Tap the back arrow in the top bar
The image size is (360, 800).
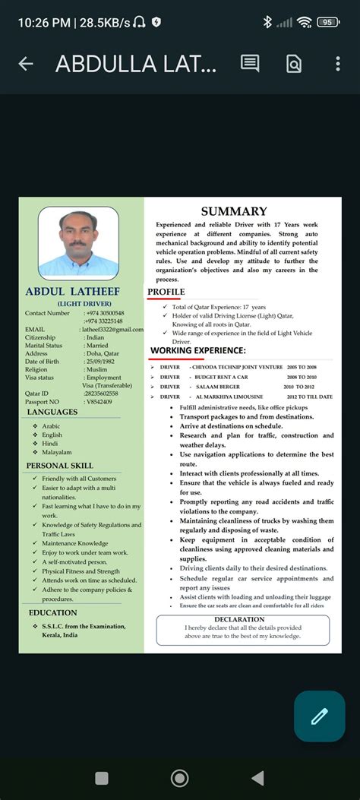click(x=25, y=64)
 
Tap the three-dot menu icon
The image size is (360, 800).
click(x=337, y=64)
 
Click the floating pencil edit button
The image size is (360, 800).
click(x=319, y=716)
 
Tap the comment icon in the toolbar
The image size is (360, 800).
click(x=250, y=64)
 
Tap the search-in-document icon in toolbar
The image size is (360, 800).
click(x=294, y=64)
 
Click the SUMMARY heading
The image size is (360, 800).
click(x=234, y=212)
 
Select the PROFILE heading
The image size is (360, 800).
click(x=166, y=292)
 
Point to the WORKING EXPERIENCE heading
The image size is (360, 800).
click(x=198, y=350)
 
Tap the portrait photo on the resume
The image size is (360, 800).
click(x=78, y=242)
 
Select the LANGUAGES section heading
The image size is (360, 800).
click(x=52, y=412)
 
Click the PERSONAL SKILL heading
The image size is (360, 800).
click(x=60, y=465)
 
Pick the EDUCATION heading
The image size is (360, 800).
click(x=52, y=612)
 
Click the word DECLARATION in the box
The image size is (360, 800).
click(x=242, y=620)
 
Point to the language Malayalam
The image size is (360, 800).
click(x=57, y=452)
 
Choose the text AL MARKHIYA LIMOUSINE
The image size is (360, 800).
click(x=229, y=397)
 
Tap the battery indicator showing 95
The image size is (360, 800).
click(x=328, y=22)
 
